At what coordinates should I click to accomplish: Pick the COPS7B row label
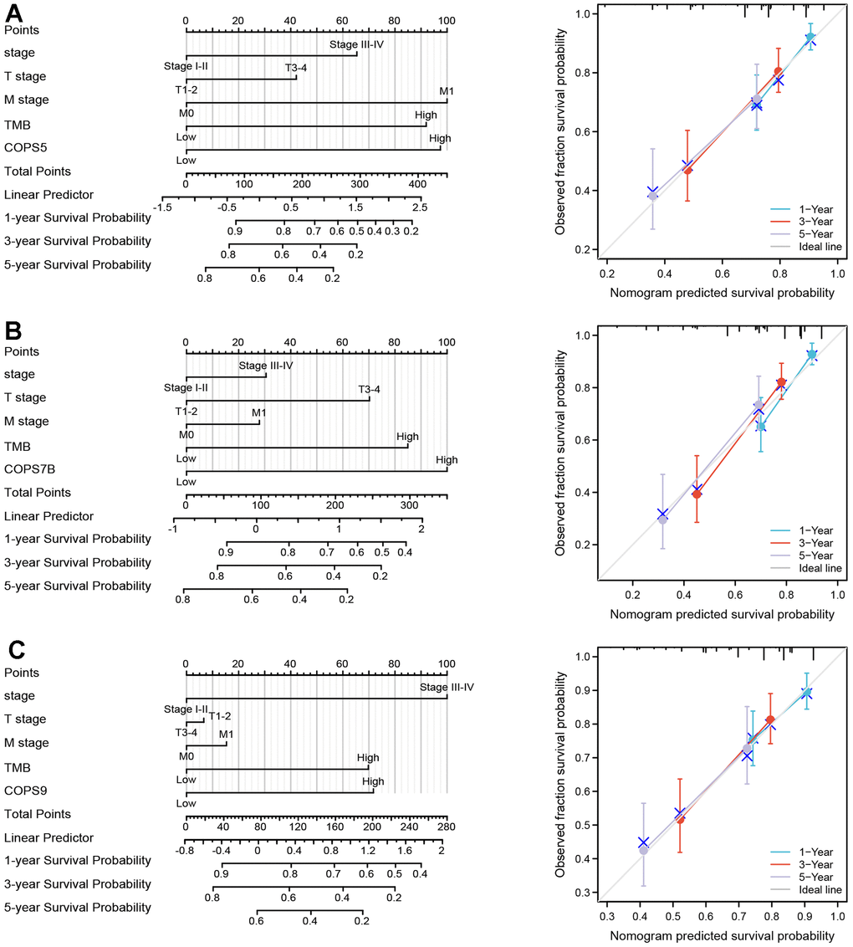tap(28, 469)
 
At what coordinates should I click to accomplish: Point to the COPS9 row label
tap(24, 791)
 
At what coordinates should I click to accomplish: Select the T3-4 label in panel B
tap(369, 389)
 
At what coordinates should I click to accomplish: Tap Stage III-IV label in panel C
tap(447, 688)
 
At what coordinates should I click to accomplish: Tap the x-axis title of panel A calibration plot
tap(722, 293)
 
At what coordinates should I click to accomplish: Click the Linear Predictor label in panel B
tap(49, 516)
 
